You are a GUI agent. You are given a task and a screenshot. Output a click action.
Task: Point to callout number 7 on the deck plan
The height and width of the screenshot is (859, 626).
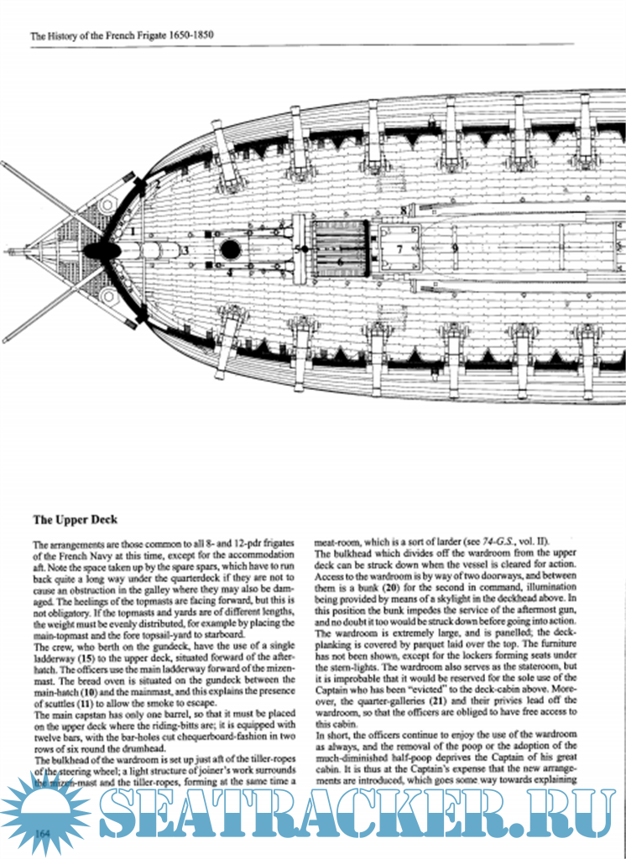pyautogui.click(x=399, y=248)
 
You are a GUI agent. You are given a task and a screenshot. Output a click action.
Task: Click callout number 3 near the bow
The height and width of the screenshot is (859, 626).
pyautogui.click(x=186, y=249)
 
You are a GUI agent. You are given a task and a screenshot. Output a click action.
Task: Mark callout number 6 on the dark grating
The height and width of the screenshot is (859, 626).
pyautogui.click(x=339, y=261)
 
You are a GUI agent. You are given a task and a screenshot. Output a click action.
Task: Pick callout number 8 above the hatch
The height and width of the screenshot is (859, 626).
pyautogui.click(x=403, y=210)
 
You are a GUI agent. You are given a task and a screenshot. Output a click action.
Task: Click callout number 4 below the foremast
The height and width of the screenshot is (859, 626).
pyautogui.click(x=230, y=273)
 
